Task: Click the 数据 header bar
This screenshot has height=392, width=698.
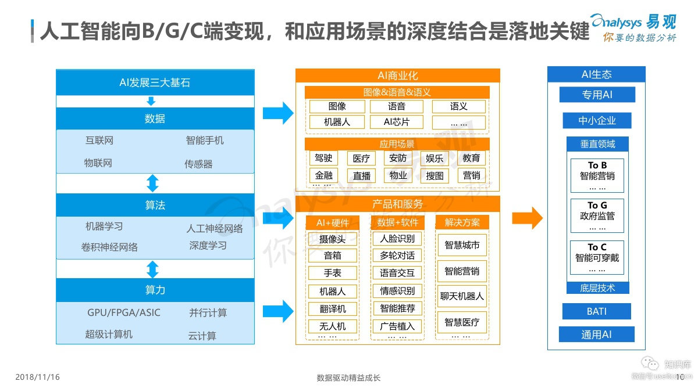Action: point(155,118)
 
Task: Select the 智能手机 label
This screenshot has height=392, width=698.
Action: point(205,141)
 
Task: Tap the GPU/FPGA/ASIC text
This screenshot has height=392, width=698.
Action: point(124,312)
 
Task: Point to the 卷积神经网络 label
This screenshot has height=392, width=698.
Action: point(110,247)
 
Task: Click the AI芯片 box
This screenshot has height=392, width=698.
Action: point(397,122)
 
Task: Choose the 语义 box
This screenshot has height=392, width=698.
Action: point(458,106)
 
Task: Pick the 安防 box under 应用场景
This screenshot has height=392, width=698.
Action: point(398,158)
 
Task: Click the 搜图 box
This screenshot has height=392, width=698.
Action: point(435,175)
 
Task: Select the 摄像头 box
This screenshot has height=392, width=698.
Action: point(333,239)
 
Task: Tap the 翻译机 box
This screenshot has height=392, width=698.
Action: point(333,309)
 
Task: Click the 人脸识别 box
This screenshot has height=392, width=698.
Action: point(397,238)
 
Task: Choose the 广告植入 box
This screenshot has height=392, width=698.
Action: point(397,326)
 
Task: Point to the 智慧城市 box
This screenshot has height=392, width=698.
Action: point(462,245)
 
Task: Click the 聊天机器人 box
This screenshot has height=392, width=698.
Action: point(462,296)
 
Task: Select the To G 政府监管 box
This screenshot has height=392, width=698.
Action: point(597,211)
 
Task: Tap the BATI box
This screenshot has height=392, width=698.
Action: point(596,311)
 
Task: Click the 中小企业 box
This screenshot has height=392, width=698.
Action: point(597,121)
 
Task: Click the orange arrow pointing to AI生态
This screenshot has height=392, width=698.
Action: point(527,218)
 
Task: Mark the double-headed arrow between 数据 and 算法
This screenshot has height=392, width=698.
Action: point(152,184)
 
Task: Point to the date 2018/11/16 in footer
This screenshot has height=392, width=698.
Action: point(38,377)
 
